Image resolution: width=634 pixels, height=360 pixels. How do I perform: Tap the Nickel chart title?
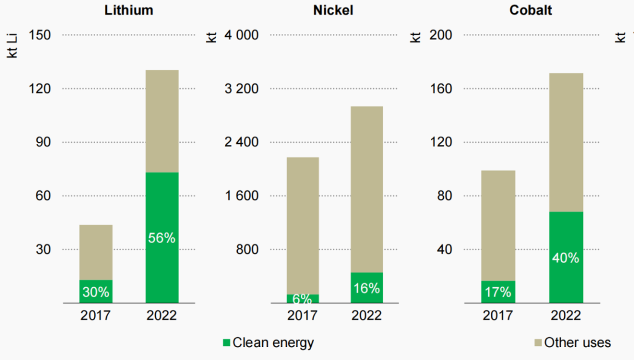click(333, 11)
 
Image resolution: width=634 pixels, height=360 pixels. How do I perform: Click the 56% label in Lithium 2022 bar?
click(161, 238)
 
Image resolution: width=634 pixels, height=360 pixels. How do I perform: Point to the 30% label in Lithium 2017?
click(96, 291)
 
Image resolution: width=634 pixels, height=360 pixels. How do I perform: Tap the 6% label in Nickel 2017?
click(303, 298)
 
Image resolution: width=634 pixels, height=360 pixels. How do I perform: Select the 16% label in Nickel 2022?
click(366, 288)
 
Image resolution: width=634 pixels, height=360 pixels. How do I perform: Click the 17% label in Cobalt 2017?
click(498, 291)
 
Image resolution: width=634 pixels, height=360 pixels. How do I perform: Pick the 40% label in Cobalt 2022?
click(566, 258)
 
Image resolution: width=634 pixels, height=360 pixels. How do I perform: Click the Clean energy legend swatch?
click(227, 343)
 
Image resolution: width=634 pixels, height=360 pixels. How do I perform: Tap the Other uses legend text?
click(577, 343)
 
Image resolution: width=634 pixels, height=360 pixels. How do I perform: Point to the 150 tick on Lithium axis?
click(39, 35)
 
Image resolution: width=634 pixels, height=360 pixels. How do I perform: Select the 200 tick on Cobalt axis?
click(441, 35)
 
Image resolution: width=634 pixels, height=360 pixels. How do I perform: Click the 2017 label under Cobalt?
click(498, 315)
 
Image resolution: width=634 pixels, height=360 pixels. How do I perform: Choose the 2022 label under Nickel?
click(366, 315)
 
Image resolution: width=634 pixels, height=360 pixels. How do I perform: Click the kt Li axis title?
click(11, 45)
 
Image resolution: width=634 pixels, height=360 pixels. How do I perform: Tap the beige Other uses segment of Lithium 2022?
click(161, 121)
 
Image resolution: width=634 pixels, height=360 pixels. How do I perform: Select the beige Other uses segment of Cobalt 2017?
click(498, 226)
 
